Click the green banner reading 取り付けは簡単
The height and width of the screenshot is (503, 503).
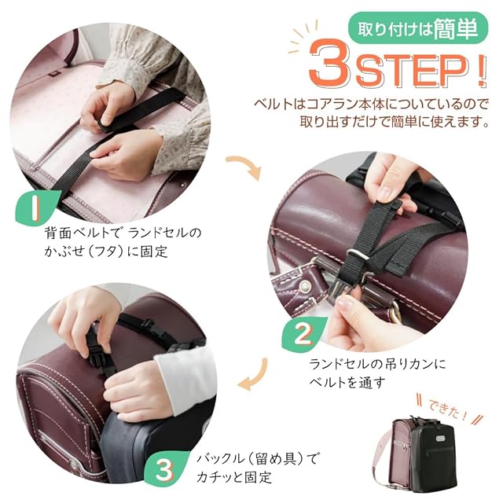417,28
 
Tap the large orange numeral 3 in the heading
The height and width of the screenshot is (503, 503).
330,62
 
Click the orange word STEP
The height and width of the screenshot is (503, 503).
411,71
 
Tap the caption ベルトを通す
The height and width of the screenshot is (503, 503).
347,382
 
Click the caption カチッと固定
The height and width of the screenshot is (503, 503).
234,477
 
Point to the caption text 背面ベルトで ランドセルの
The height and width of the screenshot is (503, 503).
123,233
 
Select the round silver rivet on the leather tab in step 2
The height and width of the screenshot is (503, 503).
304,285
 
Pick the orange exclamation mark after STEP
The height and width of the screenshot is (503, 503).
481,72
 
